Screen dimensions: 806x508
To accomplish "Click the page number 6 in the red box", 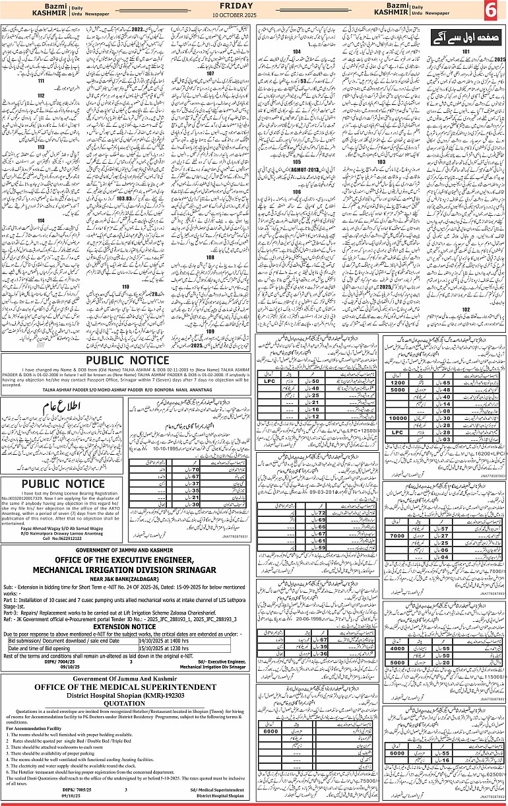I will tap(492, 11).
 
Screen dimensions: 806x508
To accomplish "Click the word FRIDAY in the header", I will tap(255, 5).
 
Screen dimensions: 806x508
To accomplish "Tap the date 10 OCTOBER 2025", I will tap(255, 15).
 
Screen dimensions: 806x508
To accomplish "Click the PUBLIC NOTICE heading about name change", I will tap(127, 360).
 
